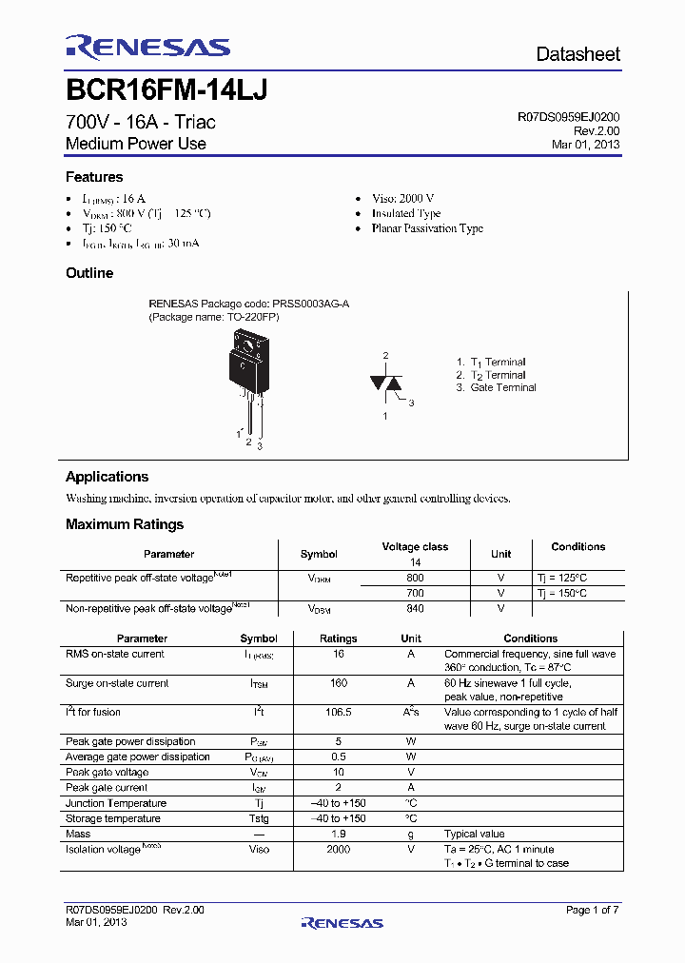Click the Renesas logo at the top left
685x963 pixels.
point(147,48)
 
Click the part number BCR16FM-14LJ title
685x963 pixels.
point(166,90)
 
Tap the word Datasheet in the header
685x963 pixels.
point(577,54)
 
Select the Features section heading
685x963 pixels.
point(94,177)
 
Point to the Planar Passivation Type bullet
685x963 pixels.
point(427,228)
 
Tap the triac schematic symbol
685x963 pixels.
point(385,383)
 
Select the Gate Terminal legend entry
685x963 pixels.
point(502,387)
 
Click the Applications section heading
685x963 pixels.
point(107,477)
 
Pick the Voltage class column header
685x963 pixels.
point(415,547)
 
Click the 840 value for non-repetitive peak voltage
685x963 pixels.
point(415,608)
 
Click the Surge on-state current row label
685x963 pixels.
point(117,683)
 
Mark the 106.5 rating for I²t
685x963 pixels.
point(338,712)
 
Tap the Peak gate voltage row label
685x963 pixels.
point(107,772)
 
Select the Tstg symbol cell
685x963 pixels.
point(259,818)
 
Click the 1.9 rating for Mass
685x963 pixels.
point(338,834)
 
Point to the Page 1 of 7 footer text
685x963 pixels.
point(592,911)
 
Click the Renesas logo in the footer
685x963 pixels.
point(342,922)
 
